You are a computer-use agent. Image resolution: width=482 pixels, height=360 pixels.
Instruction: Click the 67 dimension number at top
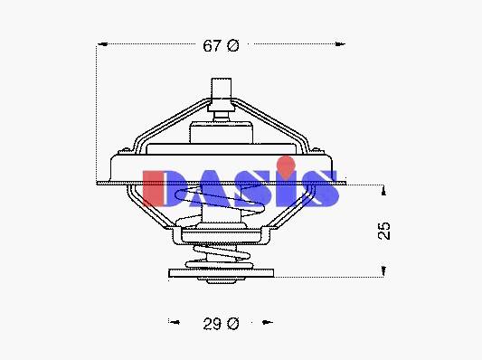tap(212, 46)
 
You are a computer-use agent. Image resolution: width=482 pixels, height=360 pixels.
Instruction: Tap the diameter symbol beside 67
tap(233, 46)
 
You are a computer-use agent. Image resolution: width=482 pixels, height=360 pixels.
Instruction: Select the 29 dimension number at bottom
tap(212, 324)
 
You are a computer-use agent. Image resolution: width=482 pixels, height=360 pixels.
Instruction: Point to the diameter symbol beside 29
tap(233, 324)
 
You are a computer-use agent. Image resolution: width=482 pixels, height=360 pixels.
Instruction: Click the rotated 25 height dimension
tap(383, 231)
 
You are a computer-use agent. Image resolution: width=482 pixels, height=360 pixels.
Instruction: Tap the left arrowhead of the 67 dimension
tap(103, 44)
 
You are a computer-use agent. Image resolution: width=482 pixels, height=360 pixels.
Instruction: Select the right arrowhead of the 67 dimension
tap(340, 44)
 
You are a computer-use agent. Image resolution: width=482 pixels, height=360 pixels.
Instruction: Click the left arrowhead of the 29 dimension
tap(175, 322)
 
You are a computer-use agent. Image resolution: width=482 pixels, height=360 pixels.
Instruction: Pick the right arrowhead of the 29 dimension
tap(267, 322)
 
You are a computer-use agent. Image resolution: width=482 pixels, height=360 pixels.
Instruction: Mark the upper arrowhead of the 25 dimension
tap(383, 191)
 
